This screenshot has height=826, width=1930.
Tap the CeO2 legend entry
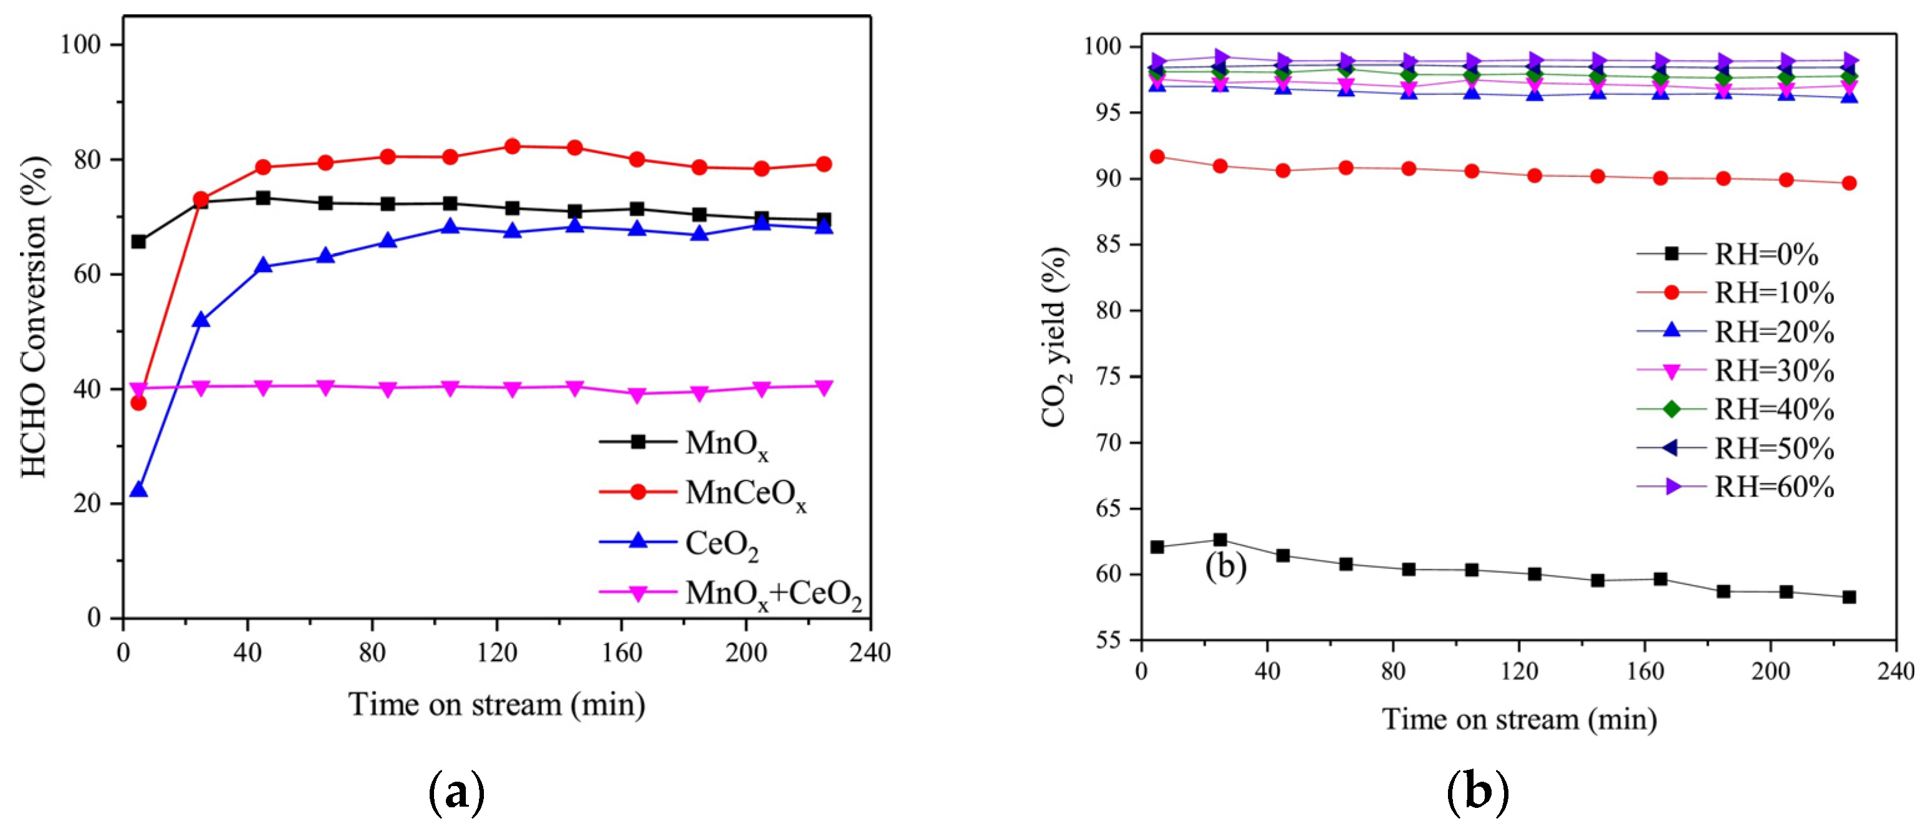(x=721, y=543)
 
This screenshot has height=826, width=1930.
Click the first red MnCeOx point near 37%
(x=138, y=402)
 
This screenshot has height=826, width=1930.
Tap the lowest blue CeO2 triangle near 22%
(x=138, y=490)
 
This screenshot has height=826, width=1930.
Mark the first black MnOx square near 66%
(x=138, y=241)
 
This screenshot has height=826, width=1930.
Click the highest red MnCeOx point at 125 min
(x=513, y=146)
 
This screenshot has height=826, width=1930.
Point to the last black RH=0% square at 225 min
(x=1848, y=598)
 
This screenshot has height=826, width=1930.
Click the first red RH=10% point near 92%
(x=1157, y=157)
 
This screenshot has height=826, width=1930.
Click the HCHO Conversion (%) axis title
(x=33, y=316)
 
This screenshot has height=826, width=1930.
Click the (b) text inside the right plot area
(x=1226, y=566)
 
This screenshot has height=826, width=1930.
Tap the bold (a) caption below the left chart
(x=456, y=792)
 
